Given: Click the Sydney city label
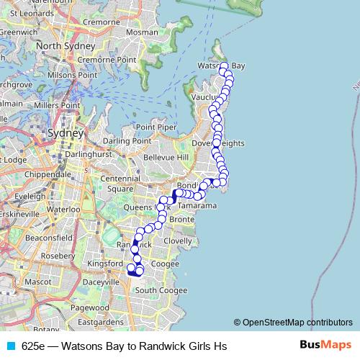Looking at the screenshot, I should (x=66, y=133).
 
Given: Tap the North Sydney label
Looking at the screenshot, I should (x=67, y=46).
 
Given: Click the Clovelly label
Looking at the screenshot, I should (x=177, y=240).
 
